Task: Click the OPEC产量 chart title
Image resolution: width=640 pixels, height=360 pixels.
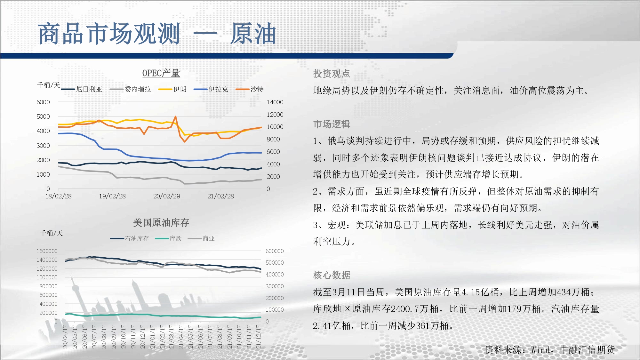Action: tap(161, 73)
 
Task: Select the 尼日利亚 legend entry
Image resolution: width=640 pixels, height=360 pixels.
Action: tap(82, 89)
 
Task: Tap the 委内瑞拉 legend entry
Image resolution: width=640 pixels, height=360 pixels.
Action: tap(130, 89)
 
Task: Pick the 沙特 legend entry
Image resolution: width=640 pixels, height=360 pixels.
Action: tap(250, 89)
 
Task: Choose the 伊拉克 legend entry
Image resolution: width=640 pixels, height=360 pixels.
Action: tap(211, 89)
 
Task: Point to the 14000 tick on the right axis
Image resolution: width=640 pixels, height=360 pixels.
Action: tap(275, 102)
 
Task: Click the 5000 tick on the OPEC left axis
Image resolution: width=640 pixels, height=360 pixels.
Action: tap(43, 116)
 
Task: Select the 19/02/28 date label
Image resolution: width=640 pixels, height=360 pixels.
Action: tap(112, 196)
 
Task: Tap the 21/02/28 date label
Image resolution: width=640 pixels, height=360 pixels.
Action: tap(220, 196)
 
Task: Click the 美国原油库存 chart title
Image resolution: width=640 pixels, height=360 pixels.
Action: tap(161, 223)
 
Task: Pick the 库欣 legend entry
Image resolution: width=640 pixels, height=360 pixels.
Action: tap(168, 238)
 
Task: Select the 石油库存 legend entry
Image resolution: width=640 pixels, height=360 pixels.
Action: tap(130, 238)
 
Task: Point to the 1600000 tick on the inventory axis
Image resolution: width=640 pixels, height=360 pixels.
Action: tap(47, 251)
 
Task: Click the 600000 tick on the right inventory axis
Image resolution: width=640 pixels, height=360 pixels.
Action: tap(275, 251)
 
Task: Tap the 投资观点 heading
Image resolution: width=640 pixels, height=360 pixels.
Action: tap(332, 74)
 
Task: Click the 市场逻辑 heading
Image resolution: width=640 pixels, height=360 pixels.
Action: tap(332, 124)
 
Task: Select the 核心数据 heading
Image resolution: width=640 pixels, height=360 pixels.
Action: tap(332, 275)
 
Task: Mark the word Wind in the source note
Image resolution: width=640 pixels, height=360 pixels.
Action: tap(541, 350)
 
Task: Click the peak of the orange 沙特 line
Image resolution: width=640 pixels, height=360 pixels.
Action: tap(175, 116)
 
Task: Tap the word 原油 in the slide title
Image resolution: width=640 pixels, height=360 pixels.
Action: tap(253, 34)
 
